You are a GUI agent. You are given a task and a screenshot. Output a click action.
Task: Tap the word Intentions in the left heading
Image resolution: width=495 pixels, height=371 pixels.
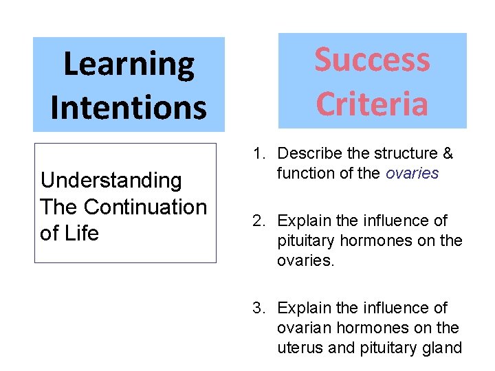(129, 107)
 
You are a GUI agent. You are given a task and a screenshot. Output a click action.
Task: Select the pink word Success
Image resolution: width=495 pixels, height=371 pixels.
(372, 60)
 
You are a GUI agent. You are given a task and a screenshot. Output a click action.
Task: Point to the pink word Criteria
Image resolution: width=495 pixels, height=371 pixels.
(372, 104)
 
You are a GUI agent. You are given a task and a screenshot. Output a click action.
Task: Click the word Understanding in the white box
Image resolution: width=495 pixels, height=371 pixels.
(111, 181)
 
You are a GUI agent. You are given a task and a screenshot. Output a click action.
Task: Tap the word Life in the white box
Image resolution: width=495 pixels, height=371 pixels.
(82, 233)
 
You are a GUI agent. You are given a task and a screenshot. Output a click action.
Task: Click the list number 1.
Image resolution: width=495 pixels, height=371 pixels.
(258, 153)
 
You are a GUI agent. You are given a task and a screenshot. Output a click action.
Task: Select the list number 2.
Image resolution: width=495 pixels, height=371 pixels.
(258, 221)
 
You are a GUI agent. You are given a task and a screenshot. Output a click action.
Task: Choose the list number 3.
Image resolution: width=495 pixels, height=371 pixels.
(258, 308)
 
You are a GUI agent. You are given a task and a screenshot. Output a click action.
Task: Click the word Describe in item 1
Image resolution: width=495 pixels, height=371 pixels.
(307, 153)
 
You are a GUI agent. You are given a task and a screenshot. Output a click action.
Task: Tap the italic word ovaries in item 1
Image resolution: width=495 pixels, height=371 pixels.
(412, 173)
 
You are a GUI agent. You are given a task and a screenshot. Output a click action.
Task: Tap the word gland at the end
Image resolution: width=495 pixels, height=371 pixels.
(443, 348)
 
